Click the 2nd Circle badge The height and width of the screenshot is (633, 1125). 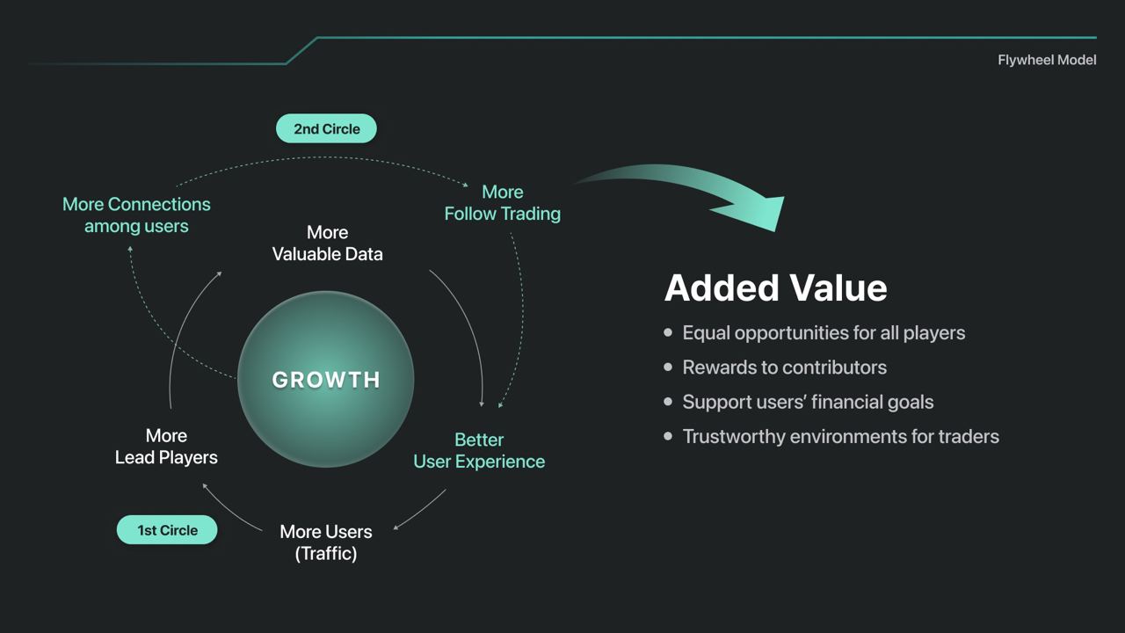(326, 128)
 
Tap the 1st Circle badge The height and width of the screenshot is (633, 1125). (167, 529)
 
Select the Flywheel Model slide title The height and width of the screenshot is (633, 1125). (1047, 61)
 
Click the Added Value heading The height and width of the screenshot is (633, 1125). (775, 287)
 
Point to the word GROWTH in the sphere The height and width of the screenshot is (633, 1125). (326, 380)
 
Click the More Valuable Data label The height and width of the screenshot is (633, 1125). (328, 244)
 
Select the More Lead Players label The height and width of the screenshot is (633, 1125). (166, 447)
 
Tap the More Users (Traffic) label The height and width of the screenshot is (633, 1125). (326, 542)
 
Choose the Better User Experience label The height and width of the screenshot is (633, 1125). (479, 451)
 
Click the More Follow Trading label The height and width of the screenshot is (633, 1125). (502, 203)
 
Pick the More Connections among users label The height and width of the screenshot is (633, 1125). (136, 215)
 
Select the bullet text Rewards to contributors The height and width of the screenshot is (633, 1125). (785, 367)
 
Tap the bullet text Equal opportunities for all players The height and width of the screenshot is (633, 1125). (824, 332)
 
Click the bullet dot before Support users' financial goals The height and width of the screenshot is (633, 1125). (668, 402)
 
